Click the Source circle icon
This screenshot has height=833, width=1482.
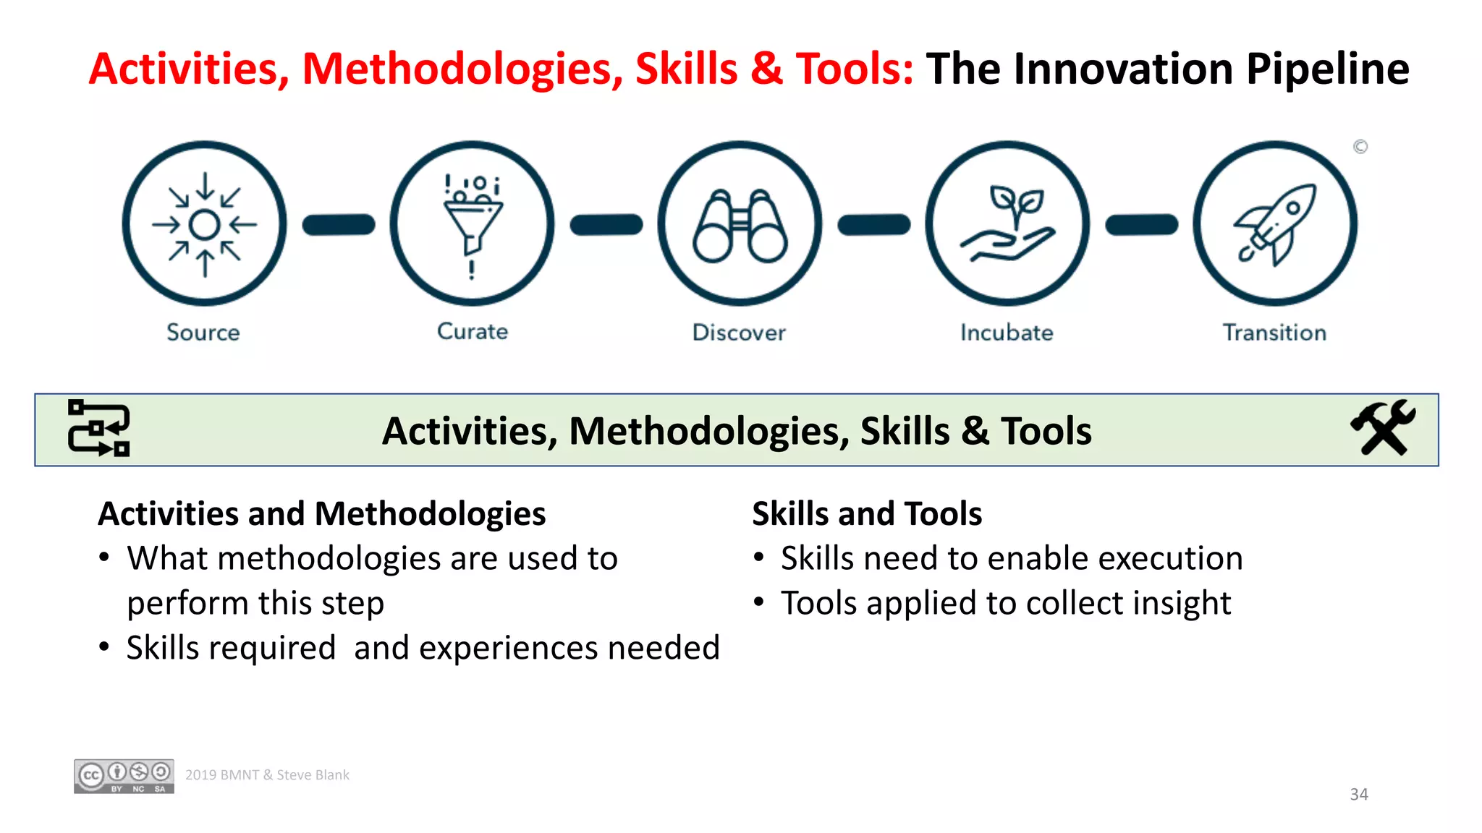point(205,223)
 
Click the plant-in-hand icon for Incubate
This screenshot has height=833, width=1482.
point(1007,223)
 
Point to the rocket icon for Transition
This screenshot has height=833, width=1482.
point(1275,223)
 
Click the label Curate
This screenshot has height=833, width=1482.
point(473,331)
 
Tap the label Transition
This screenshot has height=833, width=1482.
point(1274,333)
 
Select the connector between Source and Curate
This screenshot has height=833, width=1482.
point(339,225)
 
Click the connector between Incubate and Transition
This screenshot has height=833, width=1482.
point(1141,225)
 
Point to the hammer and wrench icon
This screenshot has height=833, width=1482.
point(1383,428)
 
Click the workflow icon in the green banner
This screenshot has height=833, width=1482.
point(99,428)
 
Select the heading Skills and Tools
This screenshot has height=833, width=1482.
point(867,514)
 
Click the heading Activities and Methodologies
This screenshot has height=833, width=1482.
point(322,514)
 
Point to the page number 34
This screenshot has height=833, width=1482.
point(1358,794)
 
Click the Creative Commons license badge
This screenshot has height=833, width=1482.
point(124,777)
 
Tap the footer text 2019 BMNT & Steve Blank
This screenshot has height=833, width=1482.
point(267,775)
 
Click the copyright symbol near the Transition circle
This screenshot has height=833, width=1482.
point(1360,147)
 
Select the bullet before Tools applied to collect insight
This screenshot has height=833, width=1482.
point(758,602)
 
